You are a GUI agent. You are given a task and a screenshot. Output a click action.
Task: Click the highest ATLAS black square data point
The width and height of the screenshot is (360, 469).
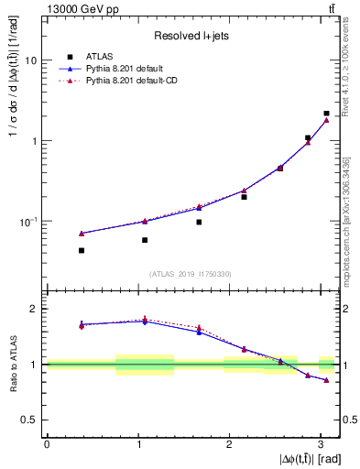326,114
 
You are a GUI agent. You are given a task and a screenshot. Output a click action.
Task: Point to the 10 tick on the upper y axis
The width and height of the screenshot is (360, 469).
29,60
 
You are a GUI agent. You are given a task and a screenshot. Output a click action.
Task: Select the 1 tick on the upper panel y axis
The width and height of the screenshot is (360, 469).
33,141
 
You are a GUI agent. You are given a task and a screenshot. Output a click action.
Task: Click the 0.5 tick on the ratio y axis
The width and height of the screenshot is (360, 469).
29,420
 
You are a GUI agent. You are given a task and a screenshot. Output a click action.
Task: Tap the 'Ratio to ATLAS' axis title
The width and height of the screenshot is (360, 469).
10,364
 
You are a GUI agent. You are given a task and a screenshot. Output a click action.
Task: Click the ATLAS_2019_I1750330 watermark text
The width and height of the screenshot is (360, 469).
191,274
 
